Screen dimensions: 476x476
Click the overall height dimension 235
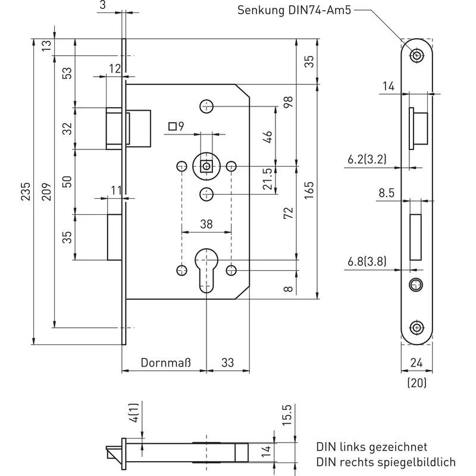pyautogui.click(x=26, y=191)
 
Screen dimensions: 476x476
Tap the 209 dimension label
pyautogui.click(x=46, y=191)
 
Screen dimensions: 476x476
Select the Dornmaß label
pyautogui.click(x=166, y=362)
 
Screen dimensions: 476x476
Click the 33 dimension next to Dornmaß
pyautogui.click(x=228, y=362)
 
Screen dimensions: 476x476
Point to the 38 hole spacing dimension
pyautogui.click(x=206, y=224)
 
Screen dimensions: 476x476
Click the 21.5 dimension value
pyautogui.click(x=268, y=179)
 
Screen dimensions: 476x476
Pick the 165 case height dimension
pyautogui.click(x=309, y=190)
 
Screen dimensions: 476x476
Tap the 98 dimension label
pyautogui.click(x=288, y=102)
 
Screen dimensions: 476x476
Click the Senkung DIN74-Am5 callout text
pyautogui.click(x=294, y=10)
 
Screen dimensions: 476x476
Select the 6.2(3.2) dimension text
pyautogui.click(x=367, y=159)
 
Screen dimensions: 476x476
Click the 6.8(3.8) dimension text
pyautogui.click(x=367, y=261)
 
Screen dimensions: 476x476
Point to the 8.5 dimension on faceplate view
pyautogui.click(x=386, y=193)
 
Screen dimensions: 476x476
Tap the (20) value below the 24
pyautogui.click(x=417, y=383)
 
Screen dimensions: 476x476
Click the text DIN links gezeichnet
pyautogui.click(x=371, y=447)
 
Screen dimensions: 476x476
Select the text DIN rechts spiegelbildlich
pyautogui.click(x=386, y=462)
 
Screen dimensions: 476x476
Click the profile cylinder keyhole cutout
pyautogui.click(x=206, y=271)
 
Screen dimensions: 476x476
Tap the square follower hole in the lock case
pyautogui.click(x=206, y=167)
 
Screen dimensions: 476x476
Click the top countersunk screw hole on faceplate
pyautogui.click(x=417, y=55)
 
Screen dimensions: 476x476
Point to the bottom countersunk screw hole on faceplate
pyautogui.click(x=417, y=328)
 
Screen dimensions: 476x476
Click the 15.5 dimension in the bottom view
pyautogui.click(x=287, y=415)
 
